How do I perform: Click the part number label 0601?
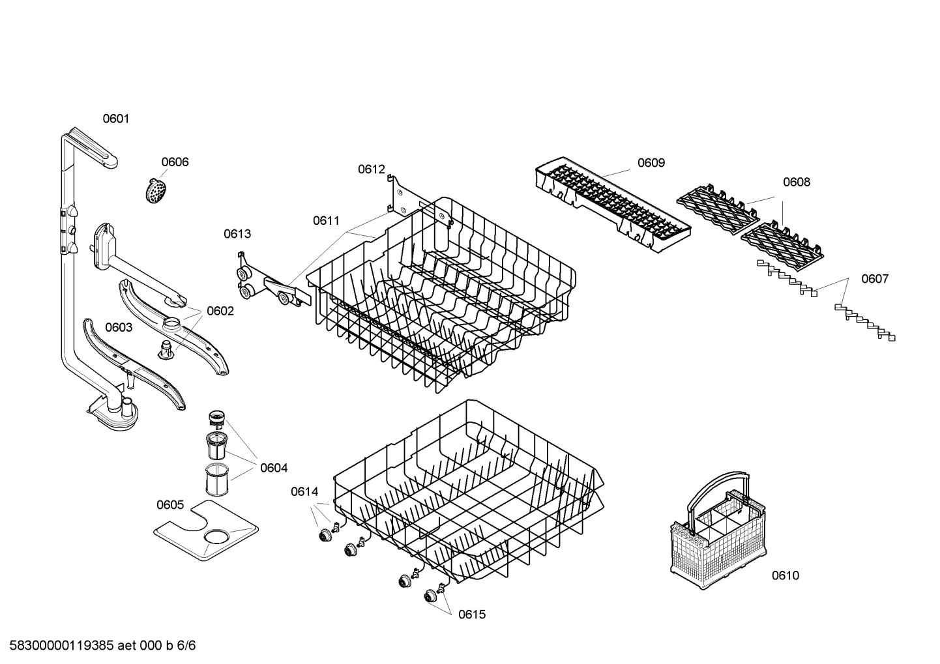pyautogui.click(x=116, y=119)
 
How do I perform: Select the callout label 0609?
pyautogui.click(x=651, y=163)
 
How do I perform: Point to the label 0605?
pyautogui.click(x=170, y=505)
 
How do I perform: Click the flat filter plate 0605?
pyautogui.click(x=205, y=530)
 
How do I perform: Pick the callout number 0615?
pyautogui.click(x=472, y=614)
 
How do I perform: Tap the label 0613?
pyautogui.click(x=237, y=234)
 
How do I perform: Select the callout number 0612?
pyautogui.click(x=372, y=169)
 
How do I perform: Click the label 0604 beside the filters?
pyautogui.click(x=274, y=468)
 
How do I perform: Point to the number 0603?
pyautogui.click(x=119, y=328)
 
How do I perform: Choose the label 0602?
pyautogui.click(x=220, y=311)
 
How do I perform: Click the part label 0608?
pyautogui.click(x=797, y=182)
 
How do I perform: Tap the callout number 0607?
pyautogui.click(x=875, y=279)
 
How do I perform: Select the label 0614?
pyautogui.click(x=304, y=491)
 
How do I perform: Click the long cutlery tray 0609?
pyautogui.click(x=613, y=205)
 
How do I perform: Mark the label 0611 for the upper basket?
pyautogui.click(x=327, y=221)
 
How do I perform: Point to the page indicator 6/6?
pyautogui.click(x=186, y=646)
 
